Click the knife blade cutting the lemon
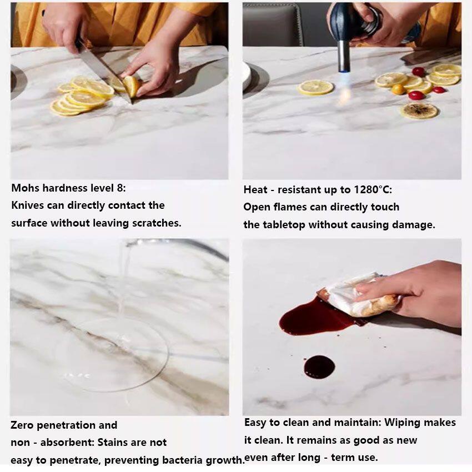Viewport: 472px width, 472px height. coord(104,73)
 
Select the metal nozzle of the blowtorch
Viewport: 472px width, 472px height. coord(344,56)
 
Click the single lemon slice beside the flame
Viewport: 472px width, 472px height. coord(315,88)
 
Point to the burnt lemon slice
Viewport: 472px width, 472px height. coord(419,111)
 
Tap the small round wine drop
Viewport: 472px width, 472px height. coord(319,367)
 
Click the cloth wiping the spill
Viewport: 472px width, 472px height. coord(358,297)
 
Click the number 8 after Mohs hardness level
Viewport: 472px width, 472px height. coord(120,188)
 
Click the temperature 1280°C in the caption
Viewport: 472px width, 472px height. coord(373,190)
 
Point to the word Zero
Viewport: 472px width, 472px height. coord(22,425)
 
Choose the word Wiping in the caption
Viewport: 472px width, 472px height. coord(401,423)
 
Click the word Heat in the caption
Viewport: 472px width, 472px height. coord(255,190)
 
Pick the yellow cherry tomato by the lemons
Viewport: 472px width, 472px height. coord(398,89)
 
